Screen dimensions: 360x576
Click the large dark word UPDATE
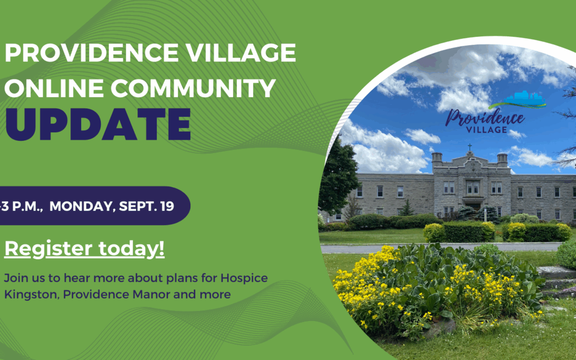click(x=98, y=124)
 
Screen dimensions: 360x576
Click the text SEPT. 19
click(x=152, y=206)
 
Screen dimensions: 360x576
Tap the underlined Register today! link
click(x=84, y=250)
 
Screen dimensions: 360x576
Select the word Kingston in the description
click(x=27, y=294)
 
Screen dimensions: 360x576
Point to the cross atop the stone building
click(x=469, y=147)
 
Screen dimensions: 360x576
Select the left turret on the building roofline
click(x=437, y=158)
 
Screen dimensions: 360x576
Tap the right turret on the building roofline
click(x=502, y=158)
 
